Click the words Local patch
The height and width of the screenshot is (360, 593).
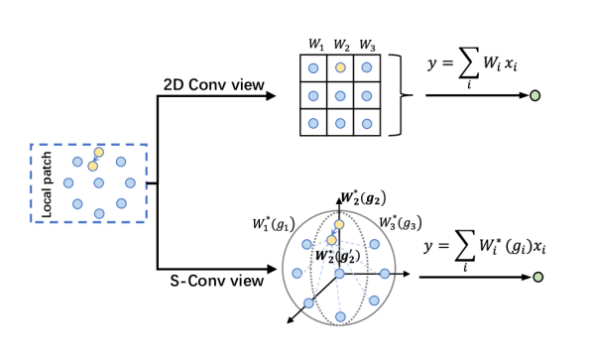click(x=47, y=183)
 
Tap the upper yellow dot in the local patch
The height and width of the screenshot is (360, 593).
click(x=98, y=153)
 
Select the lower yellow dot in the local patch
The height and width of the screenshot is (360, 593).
click(x=92, y=167)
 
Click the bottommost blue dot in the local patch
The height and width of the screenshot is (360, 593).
click(x=99, y=213)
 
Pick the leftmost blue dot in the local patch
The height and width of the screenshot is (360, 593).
click(x=68, y=182)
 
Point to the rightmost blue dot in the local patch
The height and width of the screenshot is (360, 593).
click(x=130, y=182)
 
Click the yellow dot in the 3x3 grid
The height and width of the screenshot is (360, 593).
click(x=340, y=67)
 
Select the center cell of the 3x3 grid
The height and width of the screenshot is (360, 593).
click(x=340, y=95)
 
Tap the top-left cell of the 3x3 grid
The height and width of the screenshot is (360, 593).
click(x=313, y=68)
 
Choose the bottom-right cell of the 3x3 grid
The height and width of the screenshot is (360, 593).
click(x=367, y=123)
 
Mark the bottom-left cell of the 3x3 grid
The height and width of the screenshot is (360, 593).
click(x=313, y=123)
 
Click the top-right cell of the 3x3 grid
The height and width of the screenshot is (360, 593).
click(x=367, y=67)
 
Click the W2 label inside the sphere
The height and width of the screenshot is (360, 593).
click(x=336, y=256)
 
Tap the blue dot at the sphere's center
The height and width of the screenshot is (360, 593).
click(x=339, y=274)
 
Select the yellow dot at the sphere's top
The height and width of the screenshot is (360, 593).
click(x=339, y=225)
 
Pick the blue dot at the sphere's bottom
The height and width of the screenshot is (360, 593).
click(x=340, y=317)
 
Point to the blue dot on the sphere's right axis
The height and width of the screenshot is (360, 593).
click(x=385, y=274)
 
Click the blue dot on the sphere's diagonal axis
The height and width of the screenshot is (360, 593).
click(x=308, y=303)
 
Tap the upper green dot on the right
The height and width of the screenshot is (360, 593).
click(x=535, y=96)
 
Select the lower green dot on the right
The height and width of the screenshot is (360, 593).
click(x=538, y=277)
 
